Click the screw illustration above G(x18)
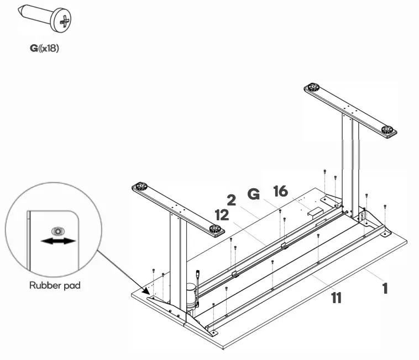[x=46, y=19]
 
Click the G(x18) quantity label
[x=45, y=49]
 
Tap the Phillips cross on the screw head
[x=64, y=22]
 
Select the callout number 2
[x=232, y=200]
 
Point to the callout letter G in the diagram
[x=253, y=194]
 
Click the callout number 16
[x=281, y=192]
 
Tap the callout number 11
[x=336, y=298]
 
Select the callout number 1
[x=382, y=288]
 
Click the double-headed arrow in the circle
[x=58, y=241]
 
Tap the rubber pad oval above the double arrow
[x=55, y=231]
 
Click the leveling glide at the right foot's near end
[x=388, y=131]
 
